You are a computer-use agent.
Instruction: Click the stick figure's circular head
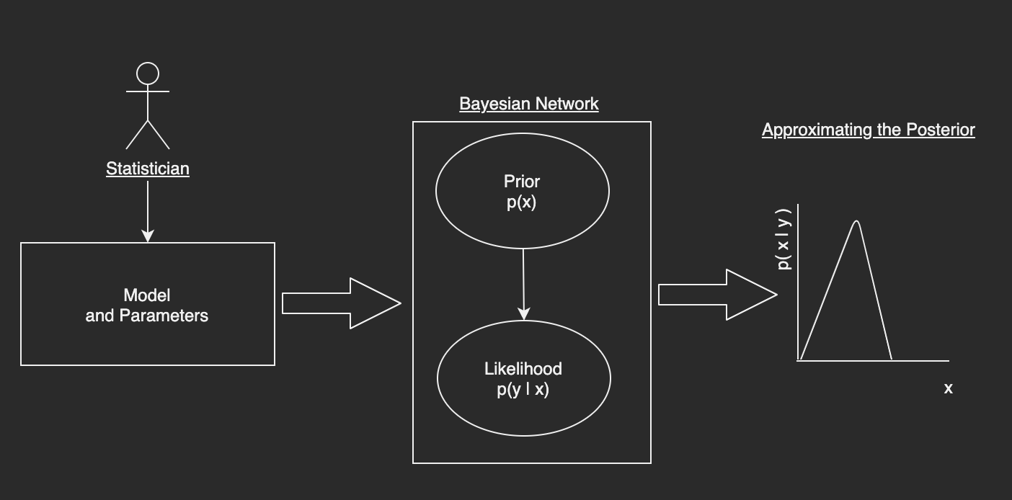pos(148,73)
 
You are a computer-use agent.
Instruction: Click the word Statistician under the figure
pos(148,169)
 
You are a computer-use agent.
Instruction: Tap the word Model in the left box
pos(147,295)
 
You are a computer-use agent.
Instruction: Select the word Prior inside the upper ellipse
pos(522,182)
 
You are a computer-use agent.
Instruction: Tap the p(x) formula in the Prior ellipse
pos(521,202)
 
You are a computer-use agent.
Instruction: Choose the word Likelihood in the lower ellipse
pos(523,369)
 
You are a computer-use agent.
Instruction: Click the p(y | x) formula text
pos(523,390)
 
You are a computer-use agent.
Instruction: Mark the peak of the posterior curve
pos(856,221)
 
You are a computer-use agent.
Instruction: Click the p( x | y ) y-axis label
pos(784,239)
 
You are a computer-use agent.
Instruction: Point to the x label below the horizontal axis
pos(949,388)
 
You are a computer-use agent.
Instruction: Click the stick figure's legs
pos(148,135)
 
